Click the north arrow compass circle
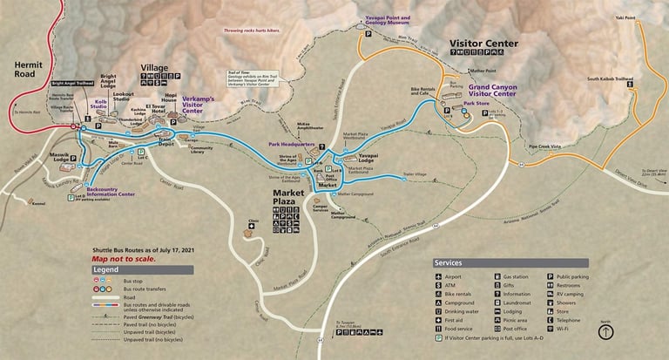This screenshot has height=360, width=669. (x=606, y=331)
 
